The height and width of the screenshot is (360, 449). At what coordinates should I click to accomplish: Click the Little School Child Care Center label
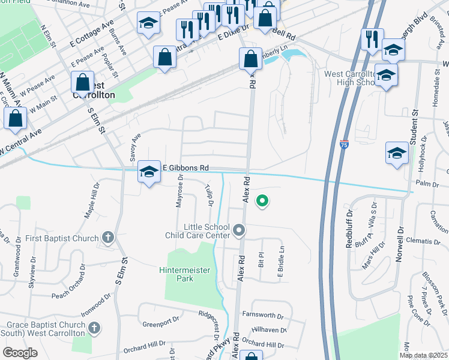(197, 232)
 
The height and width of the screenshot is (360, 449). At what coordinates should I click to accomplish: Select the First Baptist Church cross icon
(108, 238)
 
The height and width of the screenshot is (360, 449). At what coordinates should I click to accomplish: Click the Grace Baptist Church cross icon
(94, 328)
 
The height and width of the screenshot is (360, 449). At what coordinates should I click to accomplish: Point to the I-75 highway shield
(343, 145)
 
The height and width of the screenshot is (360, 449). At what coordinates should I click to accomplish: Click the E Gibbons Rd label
(187, 168)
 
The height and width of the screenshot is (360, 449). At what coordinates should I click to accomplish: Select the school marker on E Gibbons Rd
(149, 172)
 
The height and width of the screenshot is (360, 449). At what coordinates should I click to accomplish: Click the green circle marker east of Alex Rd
(262, 201)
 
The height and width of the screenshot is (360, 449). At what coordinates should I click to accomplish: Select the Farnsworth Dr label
(262, 315)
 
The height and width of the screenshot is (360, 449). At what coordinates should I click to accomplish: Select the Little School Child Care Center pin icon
(239, 230)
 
